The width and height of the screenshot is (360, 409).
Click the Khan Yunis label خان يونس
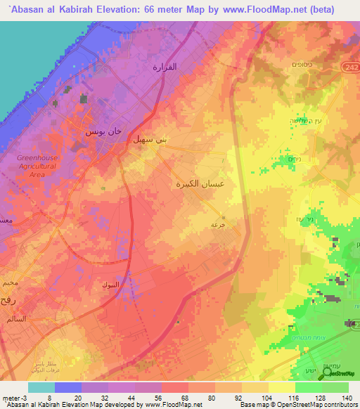click(103, 131)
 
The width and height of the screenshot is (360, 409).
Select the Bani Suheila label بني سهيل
click(151, 140)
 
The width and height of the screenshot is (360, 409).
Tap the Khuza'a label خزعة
click(218, 225)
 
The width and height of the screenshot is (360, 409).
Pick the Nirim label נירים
click(295, 160)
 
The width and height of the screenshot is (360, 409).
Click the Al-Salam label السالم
click(15, 318)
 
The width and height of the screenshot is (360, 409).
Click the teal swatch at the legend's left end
click(41, 387)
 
